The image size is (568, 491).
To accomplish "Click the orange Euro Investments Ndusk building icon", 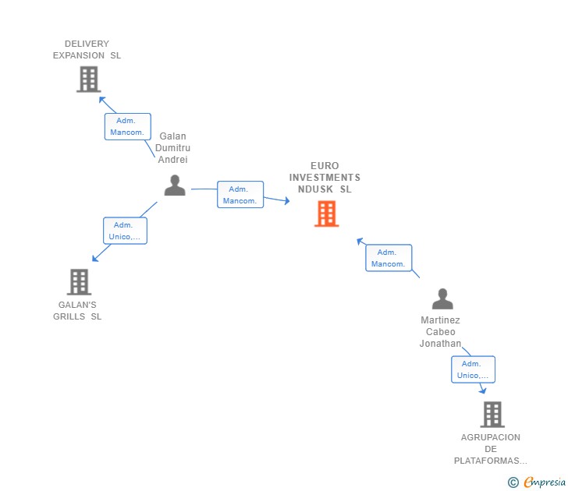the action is coord(326,214).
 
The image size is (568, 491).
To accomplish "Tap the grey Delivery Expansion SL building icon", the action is coord(89,79).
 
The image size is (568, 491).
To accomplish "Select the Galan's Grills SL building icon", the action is coord(79,281).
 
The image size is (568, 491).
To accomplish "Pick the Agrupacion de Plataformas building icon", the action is coord(492,414).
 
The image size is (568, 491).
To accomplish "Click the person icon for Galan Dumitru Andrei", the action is coord(175,185).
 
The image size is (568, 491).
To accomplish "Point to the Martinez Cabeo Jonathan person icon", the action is coord(442,299).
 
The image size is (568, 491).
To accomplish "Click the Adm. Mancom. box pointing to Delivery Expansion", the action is coord(128,126).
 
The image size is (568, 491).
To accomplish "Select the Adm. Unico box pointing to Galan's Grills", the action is coord(126,231).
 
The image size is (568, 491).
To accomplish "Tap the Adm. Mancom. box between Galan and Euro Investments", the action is coord(240,195).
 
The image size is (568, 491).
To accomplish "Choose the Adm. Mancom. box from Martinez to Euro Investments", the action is coord(389,258).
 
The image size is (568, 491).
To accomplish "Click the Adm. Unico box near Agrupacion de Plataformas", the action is coord(473,369).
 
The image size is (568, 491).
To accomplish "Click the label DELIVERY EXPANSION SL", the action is coord(87,50).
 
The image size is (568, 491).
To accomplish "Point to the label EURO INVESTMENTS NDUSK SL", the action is coord(325,178).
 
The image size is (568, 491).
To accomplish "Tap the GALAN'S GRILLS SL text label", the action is coord(77,311).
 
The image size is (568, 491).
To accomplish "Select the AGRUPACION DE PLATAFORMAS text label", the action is coord(490,449).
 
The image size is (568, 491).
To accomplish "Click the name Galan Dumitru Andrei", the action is coord(172,148).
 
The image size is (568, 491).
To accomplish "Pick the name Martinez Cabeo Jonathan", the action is coord(440,332).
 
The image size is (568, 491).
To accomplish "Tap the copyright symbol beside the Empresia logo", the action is coord(513,482).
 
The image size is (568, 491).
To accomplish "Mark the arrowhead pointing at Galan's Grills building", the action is coord(94,260).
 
